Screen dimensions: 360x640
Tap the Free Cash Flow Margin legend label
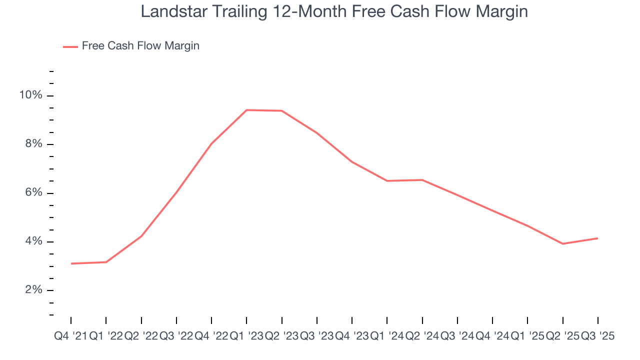click(x=140, y=46)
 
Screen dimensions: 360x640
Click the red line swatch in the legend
click(x=70, y=46)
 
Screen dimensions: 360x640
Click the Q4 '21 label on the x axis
click(x=70, y=336)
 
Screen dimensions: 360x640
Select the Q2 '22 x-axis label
click(x=141, y=336)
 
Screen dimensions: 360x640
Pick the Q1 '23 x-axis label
click(x=246, y=336)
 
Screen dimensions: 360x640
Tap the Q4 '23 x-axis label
click(x=352, y=336)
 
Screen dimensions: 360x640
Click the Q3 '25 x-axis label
click(x=597, y=336)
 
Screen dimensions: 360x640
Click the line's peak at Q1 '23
click(x=246, y=110)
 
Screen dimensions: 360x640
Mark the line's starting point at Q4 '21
click(x=71, y=263)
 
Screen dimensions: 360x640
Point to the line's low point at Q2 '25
click(x=563, y=243)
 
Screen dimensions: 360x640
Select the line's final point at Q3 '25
click(x=598, y=238)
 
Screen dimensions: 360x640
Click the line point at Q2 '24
click(x=422, y=180)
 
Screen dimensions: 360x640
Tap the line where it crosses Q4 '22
click(x=211, y=143)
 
